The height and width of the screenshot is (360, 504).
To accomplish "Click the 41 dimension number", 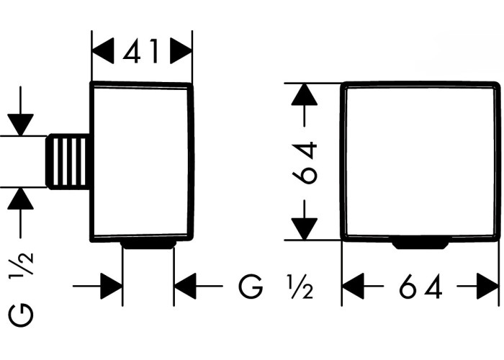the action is click(x=141, y=51).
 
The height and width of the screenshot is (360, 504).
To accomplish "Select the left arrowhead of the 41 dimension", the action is click(x=103, y=51).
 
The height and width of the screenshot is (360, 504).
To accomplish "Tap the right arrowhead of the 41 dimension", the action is click(x=181, y=51).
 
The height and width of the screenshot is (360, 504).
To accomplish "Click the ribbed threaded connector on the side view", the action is click(x=68, y=161).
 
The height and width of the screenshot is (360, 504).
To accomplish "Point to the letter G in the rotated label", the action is click(x=21, y=316).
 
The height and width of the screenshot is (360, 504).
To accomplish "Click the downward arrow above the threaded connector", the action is click(x=21, y=111).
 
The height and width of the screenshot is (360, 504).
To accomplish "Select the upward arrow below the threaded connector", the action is click(x=21, y=213).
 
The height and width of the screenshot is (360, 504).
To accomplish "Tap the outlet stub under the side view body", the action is click(x=148, y=244).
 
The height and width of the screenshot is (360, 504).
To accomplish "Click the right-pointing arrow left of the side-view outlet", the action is click(x=97, y=286).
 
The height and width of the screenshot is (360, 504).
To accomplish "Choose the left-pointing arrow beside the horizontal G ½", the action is click(x=198, y=286).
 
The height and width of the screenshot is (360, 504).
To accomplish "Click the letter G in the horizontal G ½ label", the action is click(x=251, y=287).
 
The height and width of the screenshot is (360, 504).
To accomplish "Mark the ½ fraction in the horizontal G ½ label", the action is click(x=300, y=287).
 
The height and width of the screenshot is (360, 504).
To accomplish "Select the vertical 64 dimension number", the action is click(x=305, y=163).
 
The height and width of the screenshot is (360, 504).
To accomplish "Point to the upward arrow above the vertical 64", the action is click(x=305, y=105).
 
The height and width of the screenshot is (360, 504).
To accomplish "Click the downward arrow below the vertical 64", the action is click(x=305, y=220).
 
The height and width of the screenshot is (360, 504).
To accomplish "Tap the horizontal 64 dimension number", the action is click(x=420, y=287).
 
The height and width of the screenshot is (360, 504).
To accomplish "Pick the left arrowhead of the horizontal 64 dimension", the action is click(x=363, y=286).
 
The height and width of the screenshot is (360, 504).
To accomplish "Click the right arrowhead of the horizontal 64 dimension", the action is click(x=478, y=286).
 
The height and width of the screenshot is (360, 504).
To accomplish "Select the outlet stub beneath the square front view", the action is click(x=421, y=244).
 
